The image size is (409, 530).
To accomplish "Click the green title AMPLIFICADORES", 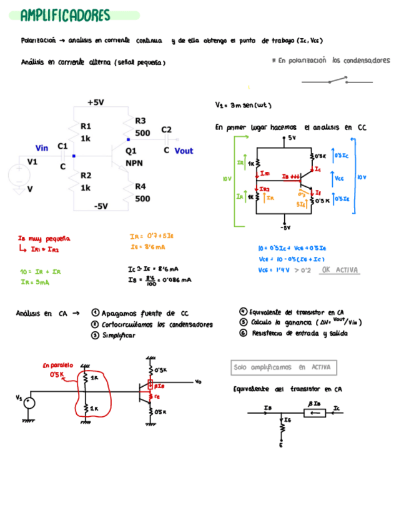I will coord(65,15).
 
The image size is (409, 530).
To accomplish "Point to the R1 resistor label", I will coord(86,126).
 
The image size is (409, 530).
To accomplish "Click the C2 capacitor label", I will coord(166,129).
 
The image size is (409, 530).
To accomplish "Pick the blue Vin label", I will coord(42,148).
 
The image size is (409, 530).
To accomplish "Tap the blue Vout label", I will coord(184,151).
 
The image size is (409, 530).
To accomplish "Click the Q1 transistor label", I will coord(131,151).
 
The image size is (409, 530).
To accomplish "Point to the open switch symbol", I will coord(337,80).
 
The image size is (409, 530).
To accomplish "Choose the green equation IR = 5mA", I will coord(35,282).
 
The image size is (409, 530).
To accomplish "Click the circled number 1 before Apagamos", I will coord(94,312).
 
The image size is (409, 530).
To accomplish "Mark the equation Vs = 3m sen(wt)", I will coord(243,106).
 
